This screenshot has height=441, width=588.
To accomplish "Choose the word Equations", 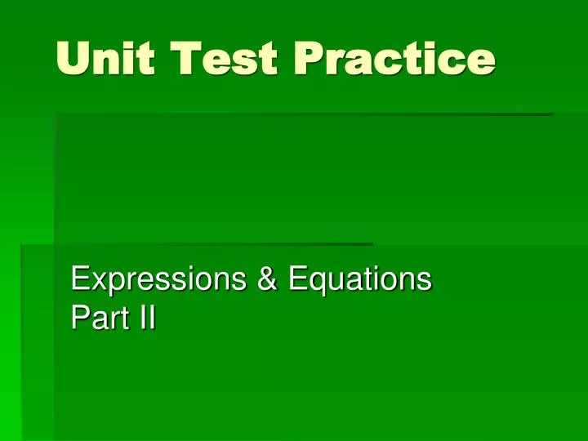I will click(x=359, y=279).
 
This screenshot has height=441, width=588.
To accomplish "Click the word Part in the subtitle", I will click(x=97, y=318).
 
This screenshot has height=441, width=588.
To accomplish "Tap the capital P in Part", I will click(x=79, y=318).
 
